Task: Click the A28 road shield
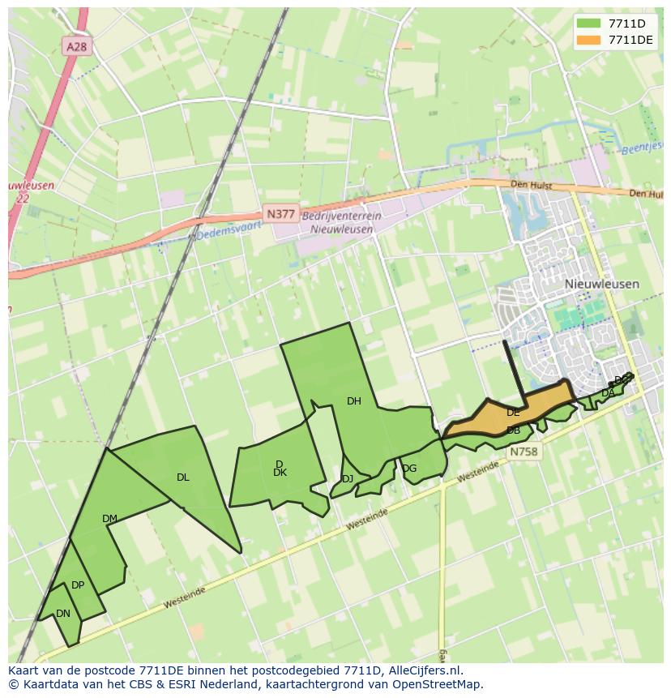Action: point(76,47)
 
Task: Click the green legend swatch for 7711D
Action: point(589,24)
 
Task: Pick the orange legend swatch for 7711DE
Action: point(589,40)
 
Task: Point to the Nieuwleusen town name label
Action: point(601,285)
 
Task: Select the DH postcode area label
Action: point(353,400)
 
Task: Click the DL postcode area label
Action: point(182,477)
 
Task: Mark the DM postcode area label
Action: point(109,519)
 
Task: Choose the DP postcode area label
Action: point(78,585)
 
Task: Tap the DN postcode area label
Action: point(63,614)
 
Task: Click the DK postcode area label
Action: point(280,473)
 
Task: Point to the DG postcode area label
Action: point(409,469)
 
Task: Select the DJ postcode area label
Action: point(347,479)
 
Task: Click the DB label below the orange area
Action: point(513,430)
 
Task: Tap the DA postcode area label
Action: point(607,393)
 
